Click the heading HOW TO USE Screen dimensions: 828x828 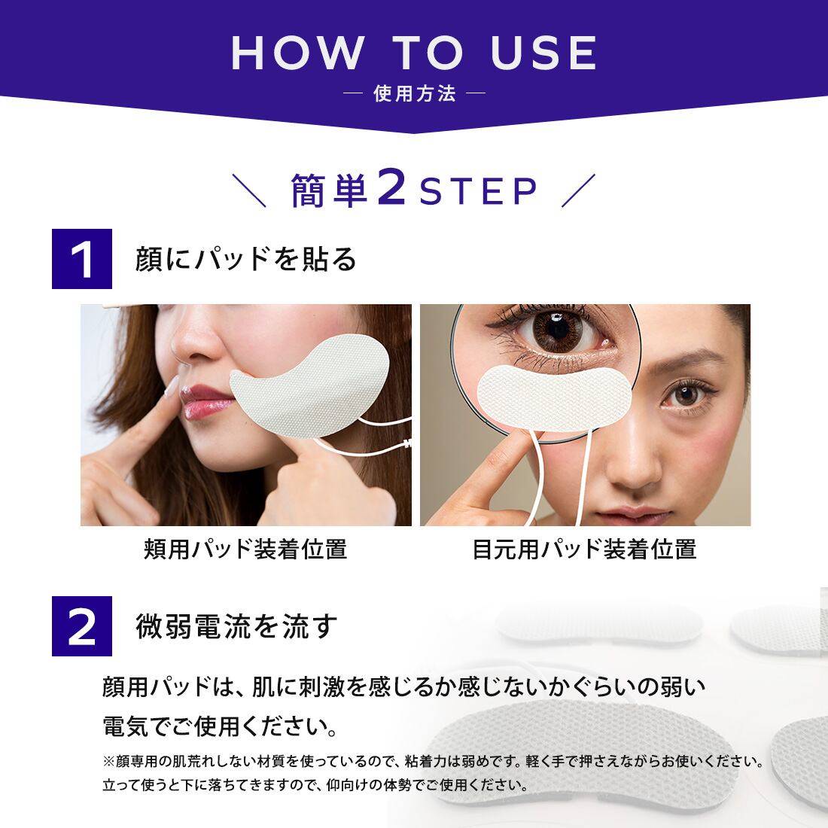[414, 53]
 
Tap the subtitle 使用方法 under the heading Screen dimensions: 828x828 [414, 94]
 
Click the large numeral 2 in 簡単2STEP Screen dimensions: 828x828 [391, 190]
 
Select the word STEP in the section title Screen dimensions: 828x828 [478, 193]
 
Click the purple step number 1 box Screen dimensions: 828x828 [82, 259]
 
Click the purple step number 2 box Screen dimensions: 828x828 [82, 626]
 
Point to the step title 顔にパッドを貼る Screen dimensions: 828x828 [245, 260]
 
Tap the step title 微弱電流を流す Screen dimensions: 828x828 [235, 626]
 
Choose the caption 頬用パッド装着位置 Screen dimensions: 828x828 [245, 549]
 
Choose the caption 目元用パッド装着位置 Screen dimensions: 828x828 [584, 549]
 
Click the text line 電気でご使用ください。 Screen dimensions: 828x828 [219, 727]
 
